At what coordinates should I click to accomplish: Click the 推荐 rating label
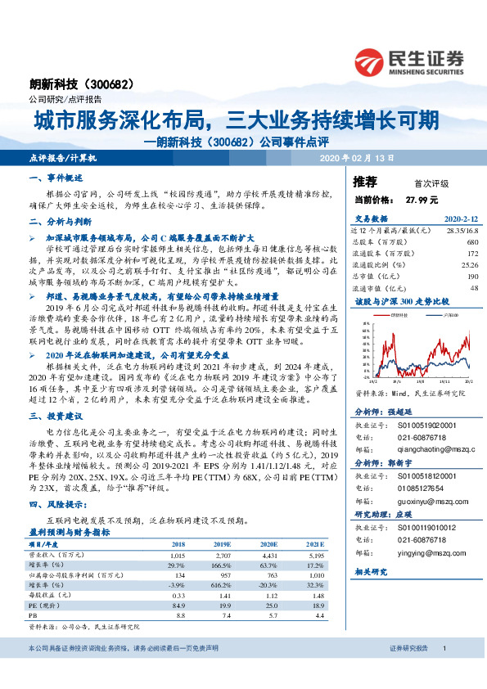(364, 182)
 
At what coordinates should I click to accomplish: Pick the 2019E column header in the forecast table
(221, 543)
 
